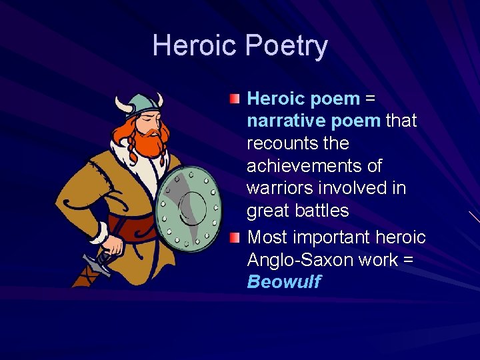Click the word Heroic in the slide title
click(x=195, y=46)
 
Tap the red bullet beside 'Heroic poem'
click(x=233, y=99)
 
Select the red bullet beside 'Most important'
click(x=233, y=237)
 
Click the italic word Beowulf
click(x=283, y=282)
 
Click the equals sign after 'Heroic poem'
click(x=371, y=99)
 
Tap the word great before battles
click(x=267, y=211)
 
